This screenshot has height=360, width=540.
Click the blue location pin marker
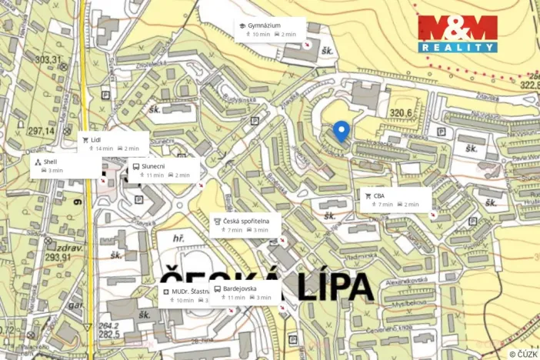[342, 131]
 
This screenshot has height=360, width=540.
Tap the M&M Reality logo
[458, 34]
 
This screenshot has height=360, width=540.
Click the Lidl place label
[96, 140]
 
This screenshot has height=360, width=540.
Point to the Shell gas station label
[50, 162]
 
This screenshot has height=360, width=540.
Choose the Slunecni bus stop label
[155, 166]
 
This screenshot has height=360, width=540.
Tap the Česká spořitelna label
[247, 221]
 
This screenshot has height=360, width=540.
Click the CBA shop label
[379, 195]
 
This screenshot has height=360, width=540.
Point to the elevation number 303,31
[48, 59]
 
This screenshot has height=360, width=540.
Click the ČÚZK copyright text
[522, 353]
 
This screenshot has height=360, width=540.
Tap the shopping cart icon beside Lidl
[85, 140]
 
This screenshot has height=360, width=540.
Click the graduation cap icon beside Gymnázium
[242, 25]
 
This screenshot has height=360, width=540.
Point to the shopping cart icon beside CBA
[368, 195]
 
